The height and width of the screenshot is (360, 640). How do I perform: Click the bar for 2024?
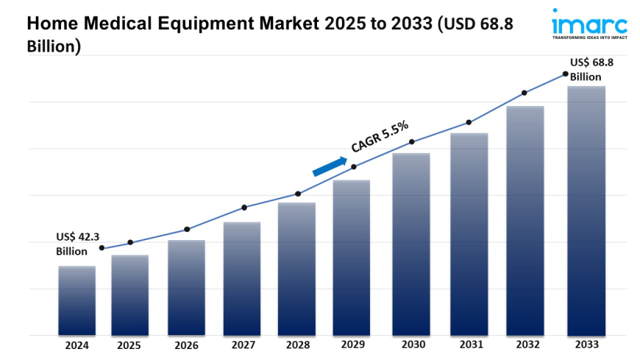77,300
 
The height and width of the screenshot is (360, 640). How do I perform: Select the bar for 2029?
352,258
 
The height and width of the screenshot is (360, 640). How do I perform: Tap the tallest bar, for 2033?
586,211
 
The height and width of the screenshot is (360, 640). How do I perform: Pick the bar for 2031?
469,234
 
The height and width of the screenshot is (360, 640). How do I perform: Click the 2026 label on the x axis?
186,345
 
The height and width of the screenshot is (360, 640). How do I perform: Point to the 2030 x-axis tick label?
411,345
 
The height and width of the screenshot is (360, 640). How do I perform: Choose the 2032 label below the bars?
525,345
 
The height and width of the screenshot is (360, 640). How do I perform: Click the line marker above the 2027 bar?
244,208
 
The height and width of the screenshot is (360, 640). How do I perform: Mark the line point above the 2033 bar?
565,74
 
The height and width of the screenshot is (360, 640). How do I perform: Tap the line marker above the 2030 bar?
412,141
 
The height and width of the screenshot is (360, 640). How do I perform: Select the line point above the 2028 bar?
298,194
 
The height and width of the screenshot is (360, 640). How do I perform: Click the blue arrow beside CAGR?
329,166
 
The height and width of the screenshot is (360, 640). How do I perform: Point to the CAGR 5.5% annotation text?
380,136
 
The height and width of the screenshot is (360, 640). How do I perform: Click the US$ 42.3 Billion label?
77,244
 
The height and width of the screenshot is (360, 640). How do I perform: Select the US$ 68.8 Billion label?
591,69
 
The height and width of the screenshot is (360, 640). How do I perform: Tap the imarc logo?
589,23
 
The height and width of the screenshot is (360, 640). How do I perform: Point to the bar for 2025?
130,294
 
